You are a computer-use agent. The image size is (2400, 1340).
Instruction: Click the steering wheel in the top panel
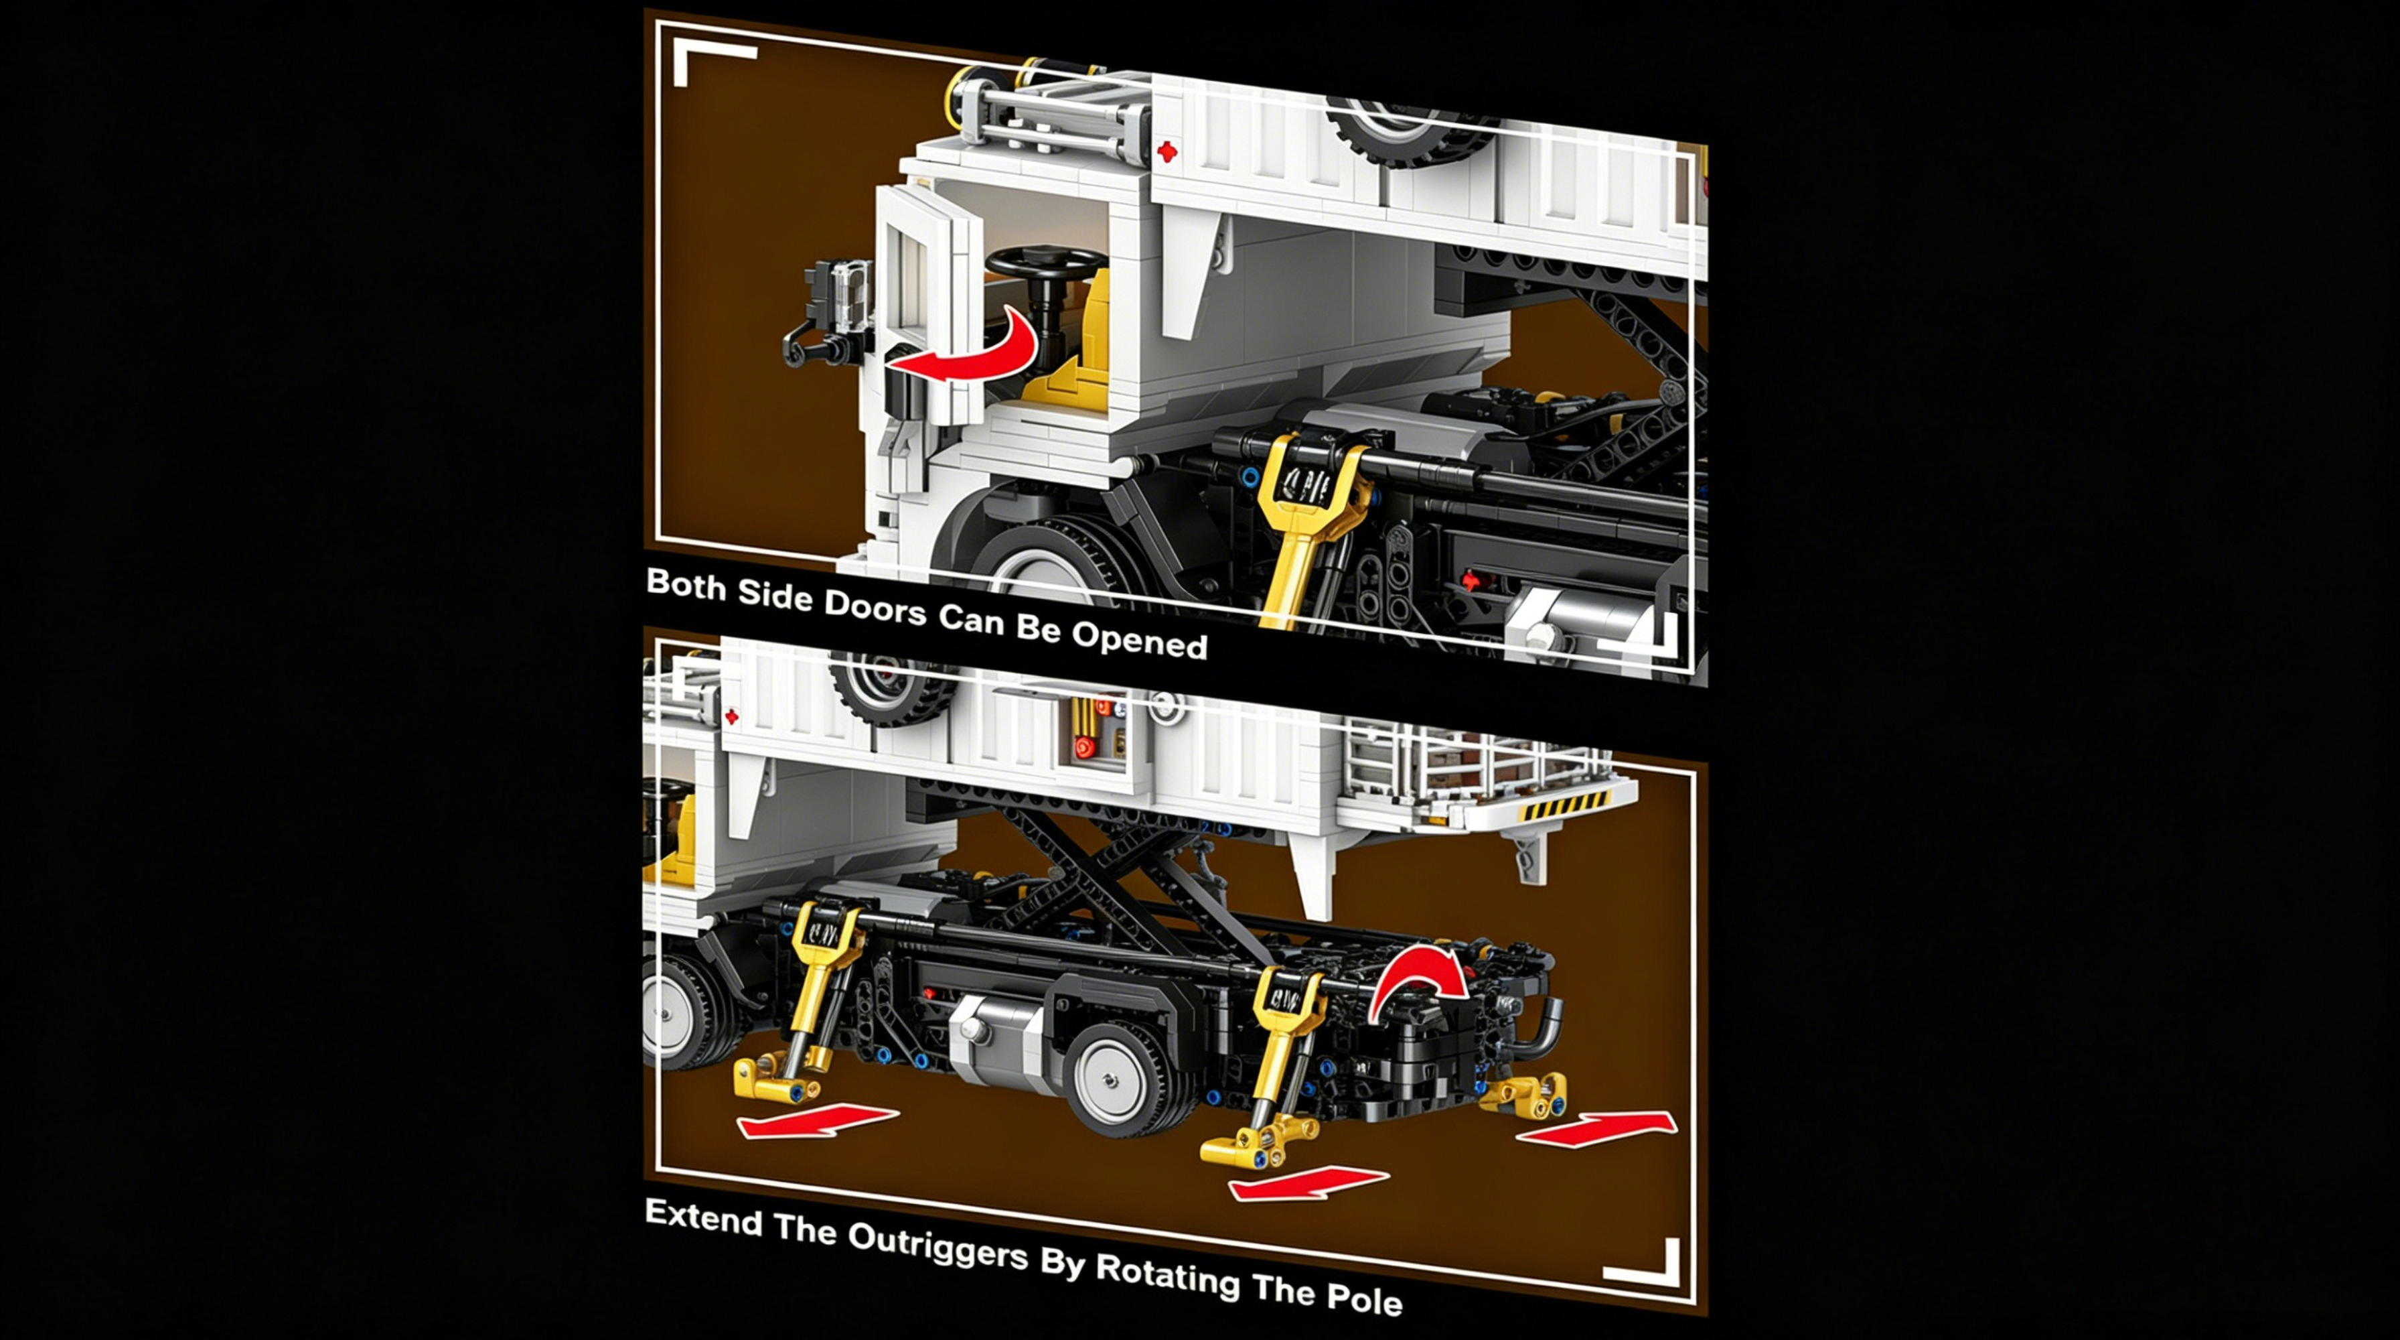point(1045,263)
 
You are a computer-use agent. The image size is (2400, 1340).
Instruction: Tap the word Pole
point(1366,1297)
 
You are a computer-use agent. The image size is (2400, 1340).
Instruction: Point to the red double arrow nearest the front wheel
point(818,1120)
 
